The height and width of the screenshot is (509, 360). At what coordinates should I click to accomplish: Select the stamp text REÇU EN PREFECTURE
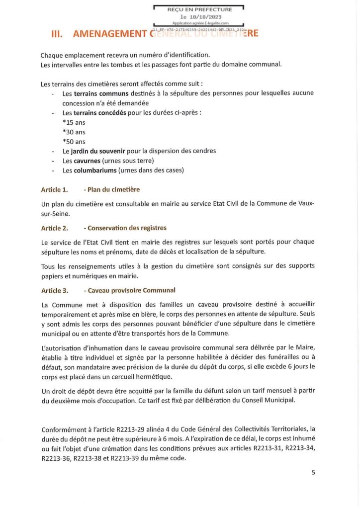[x=199, y=9]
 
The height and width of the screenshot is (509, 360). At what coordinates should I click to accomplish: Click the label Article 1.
[x=55, y=190]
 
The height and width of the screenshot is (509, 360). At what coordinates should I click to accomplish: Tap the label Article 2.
[x=55, y=228]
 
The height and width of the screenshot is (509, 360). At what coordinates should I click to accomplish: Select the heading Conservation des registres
[x=127, y=228]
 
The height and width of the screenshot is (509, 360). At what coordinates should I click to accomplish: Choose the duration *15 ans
[x=74, y=122]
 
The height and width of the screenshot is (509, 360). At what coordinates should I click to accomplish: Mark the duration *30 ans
[x=74, y=132]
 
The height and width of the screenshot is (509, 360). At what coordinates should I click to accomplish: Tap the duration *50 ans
[x=74, y=142]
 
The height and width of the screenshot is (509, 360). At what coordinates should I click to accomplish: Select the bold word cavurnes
[x=88, y=161]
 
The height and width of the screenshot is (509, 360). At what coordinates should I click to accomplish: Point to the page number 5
[x=313, y=473]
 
